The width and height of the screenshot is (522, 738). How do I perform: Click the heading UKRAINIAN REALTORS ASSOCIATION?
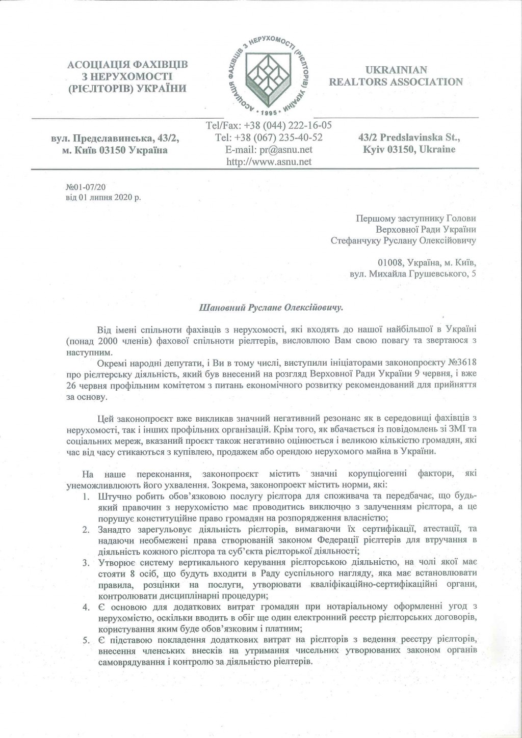pyautogui.click(x=396, y=75)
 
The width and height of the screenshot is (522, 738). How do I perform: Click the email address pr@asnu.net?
pyautogui.click(x=286, y=149)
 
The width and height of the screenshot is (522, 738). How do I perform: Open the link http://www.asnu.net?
pyautogui.click(x=268, y=161)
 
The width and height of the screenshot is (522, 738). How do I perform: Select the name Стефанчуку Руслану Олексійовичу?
pyautogui.click(x=403, y=240)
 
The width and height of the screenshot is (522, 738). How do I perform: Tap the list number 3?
pyautogui.click(x=87, y=562)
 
